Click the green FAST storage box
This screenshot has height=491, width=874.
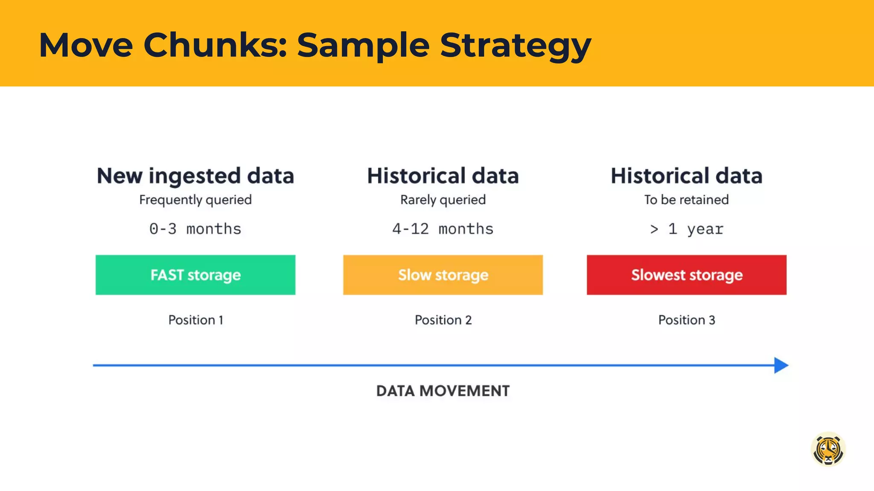pyautogui.click(x=195, y=275)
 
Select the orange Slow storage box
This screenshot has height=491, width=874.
pyautogui.click(x=443, y=275)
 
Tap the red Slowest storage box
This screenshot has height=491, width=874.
pyautogui.click(x=686, y=275)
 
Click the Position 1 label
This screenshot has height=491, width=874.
pyautogui.click(x=195, y=320)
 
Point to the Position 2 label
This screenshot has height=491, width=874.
pyautogui.click(x=443, y=320)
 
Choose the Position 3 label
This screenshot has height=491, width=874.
pyautogui.click(x=686, y=320)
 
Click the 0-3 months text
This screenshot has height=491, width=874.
pyautogui.click(x=195, y=229)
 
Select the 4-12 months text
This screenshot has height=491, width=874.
pyautogui.click(x=443, y=229)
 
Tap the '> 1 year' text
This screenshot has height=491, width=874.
pyautogui.click(x=686, y=229)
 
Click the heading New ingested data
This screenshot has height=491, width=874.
pyautogui.click(x=195, y=176)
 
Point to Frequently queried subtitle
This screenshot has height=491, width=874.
pyautogui.click(x=195, y=200)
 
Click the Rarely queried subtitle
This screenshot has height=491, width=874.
pyautogui.click(x=443, y=200)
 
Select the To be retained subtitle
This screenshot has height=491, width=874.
pyautogui.click(x=686, y=200)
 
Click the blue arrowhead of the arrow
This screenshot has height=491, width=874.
pyautogui.click(x=781, y=365)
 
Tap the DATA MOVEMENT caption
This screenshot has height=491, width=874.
pyautogui.click(x=443, y=391)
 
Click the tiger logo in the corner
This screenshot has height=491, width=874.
pyautogui.click(x=828, y=449)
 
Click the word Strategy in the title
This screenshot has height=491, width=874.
pyautogui.click(x=516, y=45)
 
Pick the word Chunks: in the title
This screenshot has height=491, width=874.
pyautogui.click(x=215, y=45)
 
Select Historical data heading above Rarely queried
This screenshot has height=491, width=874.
pyautogui.click(x=443, y=176)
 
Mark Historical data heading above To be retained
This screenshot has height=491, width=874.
pyautogui.click(x=686, y=176)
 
